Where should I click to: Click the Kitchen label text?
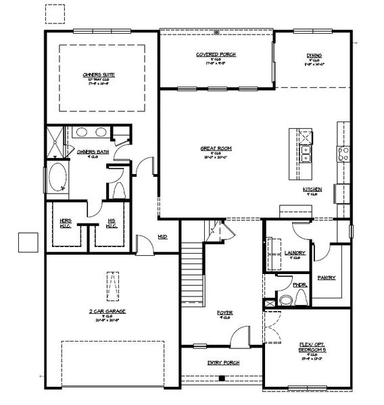[312, 189]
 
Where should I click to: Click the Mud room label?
[163, 237]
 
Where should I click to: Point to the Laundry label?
[295, 253]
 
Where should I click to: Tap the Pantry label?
[327, 277]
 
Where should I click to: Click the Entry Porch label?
[224, 363]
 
